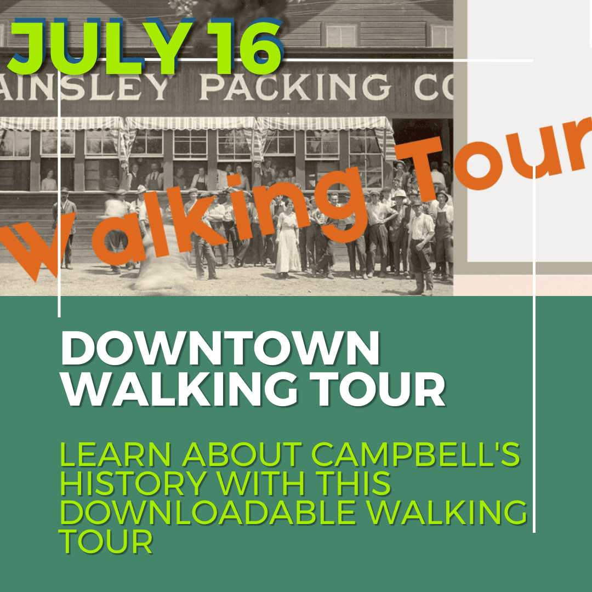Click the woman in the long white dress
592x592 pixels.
coord(287,241)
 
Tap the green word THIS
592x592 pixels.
coord(348,483)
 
